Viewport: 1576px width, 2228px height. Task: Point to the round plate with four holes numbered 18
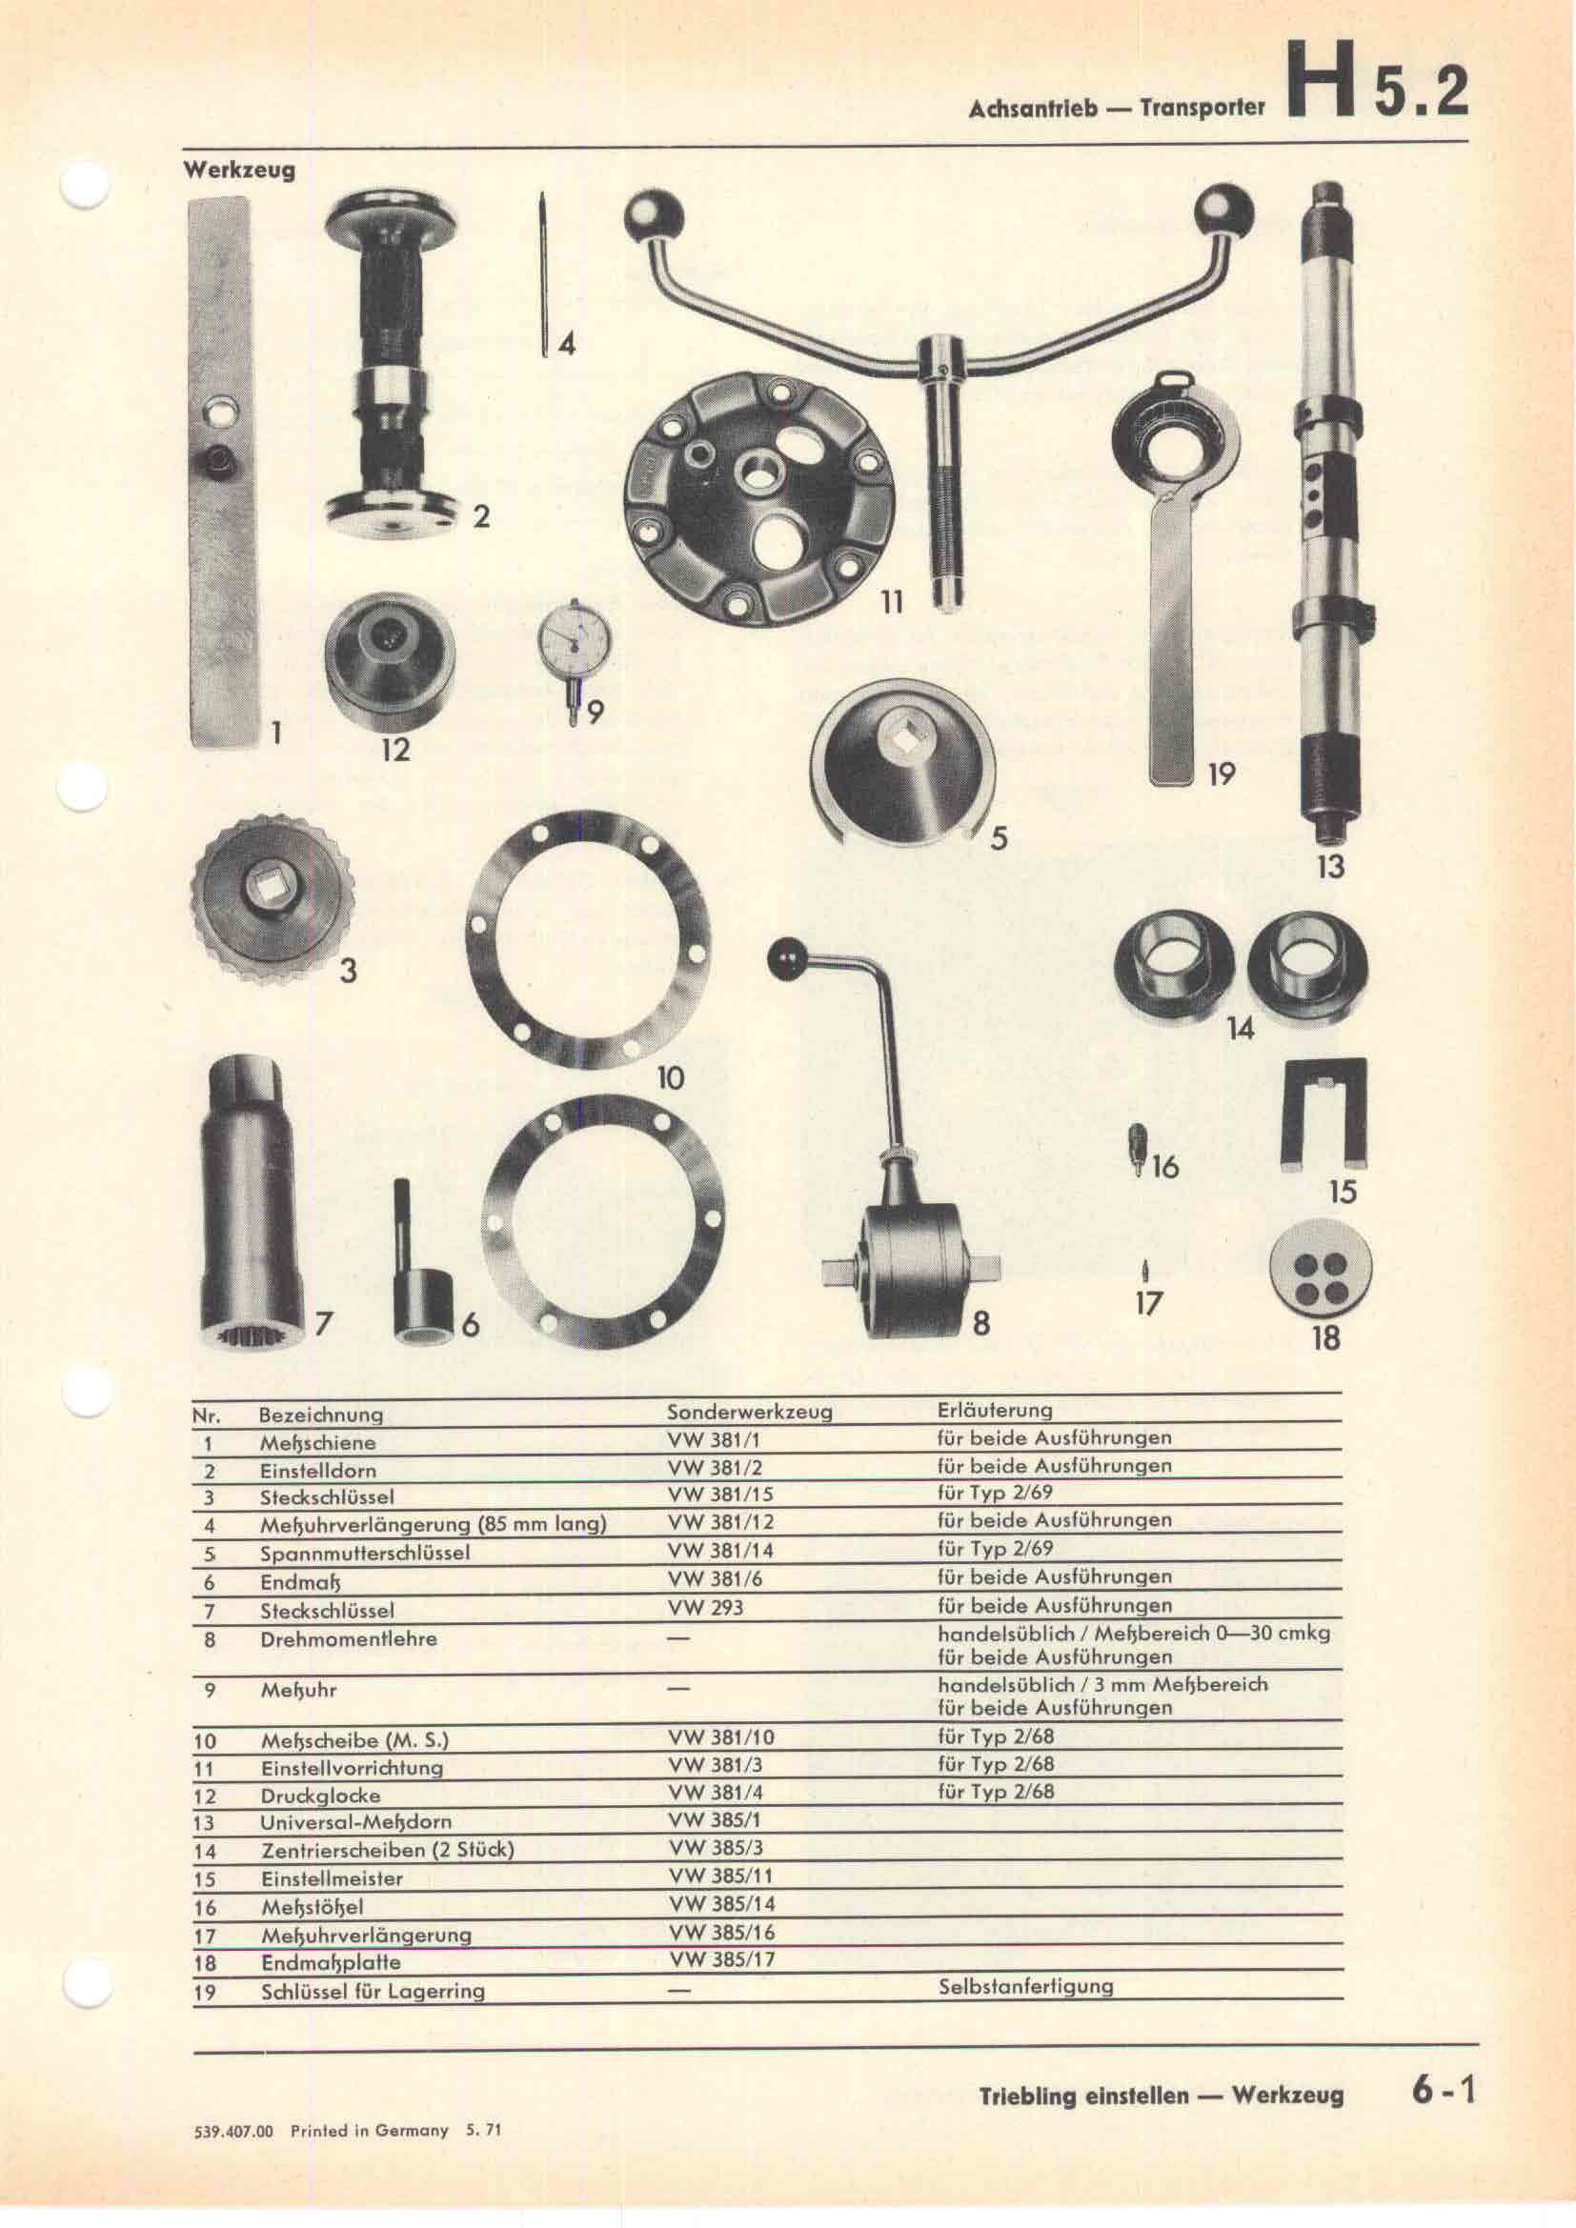[1323, 1268]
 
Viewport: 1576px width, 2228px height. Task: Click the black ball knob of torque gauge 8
[783, 959]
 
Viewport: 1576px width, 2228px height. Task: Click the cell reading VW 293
[705, 1608]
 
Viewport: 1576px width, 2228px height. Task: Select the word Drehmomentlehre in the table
[349, 1639]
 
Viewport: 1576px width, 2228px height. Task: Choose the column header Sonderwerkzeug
[749, 1412]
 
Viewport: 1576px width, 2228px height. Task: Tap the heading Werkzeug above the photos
[239, 171]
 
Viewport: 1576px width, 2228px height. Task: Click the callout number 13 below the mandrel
[1329, 866]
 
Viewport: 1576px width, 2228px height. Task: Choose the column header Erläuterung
[995, 1409]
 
